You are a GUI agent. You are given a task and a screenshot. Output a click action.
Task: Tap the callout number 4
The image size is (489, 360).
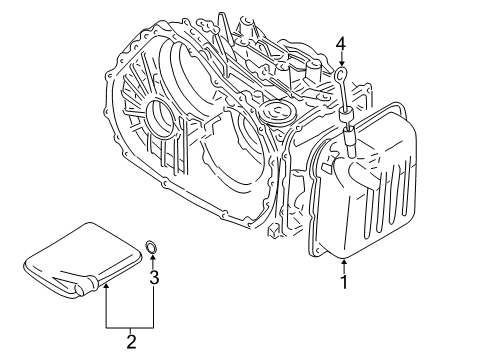(x=340, y=44)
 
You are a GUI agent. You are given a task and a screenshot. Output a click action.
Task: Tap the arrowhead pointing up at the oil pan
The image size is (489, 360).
(x=343, y=264)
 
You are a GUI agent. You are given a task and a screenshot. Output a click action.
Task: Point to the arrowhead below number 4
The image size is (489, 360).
(x=340, y=62)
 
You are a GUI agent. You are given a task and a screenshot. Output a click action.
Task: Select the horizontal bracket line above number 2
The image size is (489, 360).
(x=128, y=327)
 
